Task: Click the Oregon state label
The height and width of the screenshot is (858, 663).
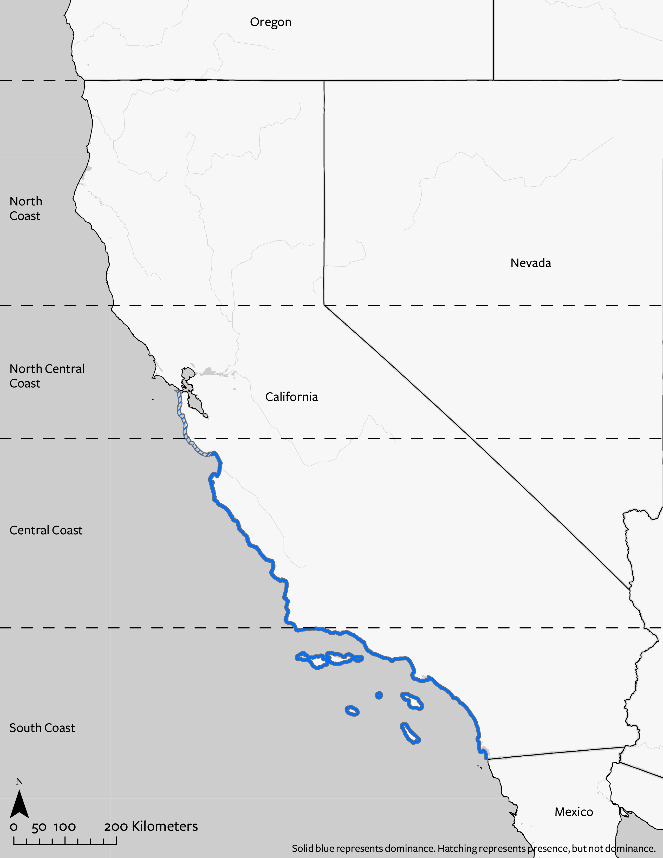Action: click(x=271, y=22)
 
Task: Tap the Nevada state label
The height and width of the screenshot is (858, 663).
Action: click(x=531, y=263)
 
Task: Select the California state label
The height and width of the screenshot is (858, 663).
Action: click(x=291, y=397)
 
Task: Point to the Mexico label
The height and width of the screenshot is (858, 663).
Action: click(x=574, y=812)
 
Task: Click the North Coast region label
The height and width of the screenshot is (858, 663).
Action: click(x=25, y=209)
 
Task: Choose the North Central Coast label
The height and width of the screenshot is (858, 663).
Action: click(x=47, y=376)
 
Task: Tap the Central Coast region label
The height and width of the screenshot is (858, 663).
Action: click(x=46, y=530)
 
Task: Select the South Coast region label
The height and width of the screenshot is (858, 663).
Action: click(x=42, y=728)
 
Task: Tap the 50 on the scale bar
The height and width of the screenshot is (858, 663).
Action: click(x=39, y=827)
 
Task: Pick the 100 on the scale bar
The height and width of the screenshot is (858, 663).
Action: click(x=65, y=827)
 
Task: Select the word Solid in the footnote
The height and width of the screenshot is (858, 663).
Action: click(x=302, y=849)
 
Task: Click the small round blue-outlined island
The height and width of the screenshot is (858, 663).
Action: click(x=379, y=695)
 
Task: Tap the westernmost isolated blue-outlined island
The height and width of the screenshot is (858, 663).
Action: click(x=352, y=710)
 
